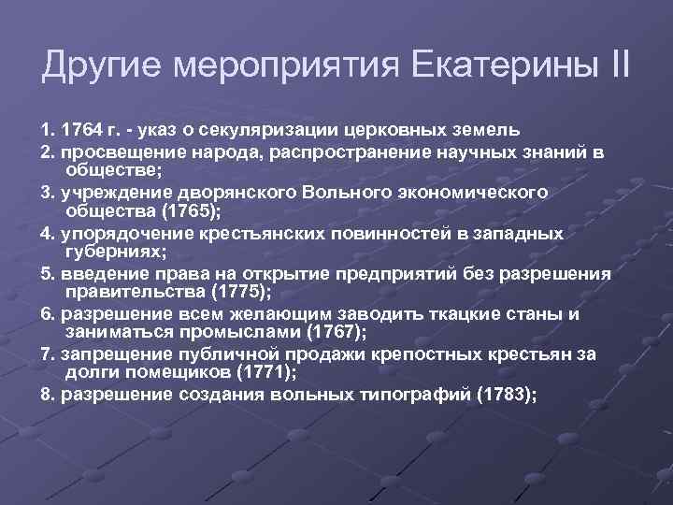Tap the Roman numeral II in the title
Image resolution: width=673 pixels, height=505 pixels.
tap(617, 67)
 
